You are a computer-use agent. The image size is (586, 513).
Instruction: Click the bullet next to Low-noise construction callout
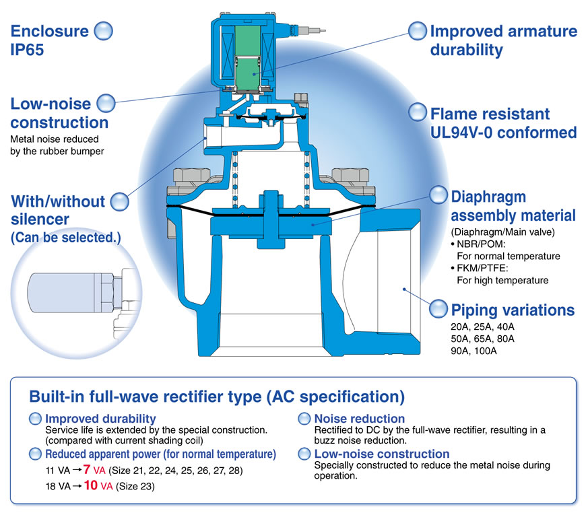[x=107, y=103]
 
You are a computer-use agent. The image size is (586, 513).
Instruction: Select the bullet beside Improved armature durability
[x=418, y=31]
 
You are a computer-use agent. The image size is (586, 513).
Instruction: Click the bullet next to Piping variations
[x=439, y=309]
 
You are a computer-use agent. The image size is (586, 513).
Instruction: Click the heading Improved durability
[x=100, y=419]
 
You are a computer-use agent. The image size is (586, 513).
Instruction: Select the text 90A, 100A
[x=474, y=351]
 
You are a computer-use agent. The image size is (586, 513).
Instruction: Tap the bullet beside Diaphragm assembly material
[x=439, y=196]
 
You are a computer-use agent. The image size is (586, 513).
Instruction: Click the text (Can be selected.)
[x=65, y=237]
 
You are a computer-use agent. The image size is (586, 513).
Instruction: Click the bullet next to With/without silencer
[x=119, y=201]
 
